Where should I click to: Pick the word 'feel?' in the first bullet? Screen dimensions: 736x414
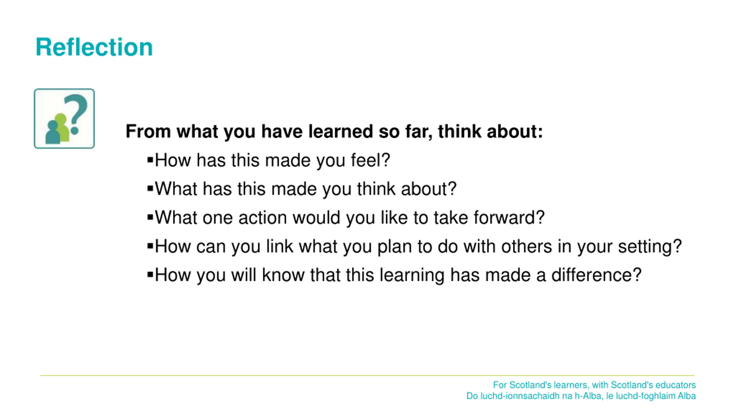[370, 160]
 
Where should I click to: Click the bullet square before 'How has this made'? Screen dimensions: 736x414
[150, 160]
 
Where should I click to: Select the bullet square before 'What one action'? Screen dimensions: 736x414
[150, 217]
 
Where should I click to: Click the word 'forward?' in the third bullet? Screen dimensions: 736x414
[509, 217]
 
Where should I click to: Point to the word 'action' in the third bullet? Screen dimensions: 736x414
[262, 218]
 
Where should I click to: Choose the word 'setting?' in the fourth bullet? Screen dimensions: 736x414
[650, 246]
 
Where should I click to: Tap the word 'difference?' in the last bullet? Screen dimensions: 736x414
[597, 275]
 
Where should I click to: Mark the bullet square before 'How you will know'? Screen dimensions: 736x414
[150, 275]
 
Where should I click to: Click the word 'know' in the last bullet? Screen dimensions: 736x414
[283, 275]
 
